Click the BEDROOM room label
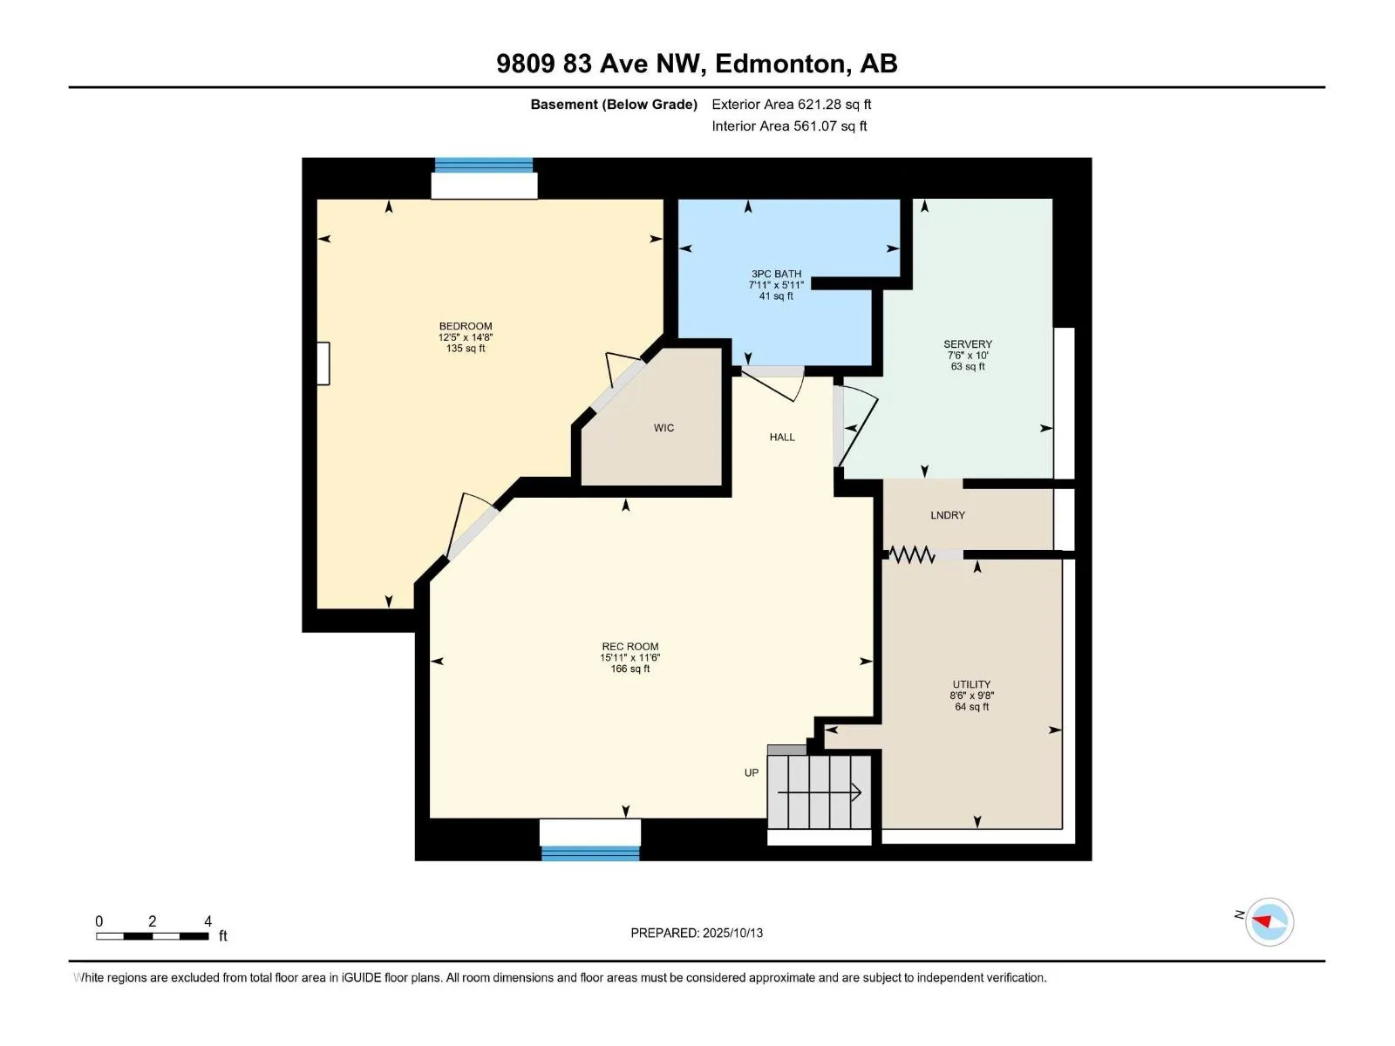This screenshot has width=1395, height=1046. [x=466, y=326]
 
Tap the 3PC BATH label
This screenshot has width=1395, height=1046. [x=776, y=274]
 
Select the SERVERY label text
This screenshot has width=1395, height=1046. [x=967, y=344]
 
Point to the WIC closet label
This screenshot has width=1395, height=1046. [x=663, y=428]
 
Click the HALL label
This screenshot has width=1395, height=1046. [x=782, y=437]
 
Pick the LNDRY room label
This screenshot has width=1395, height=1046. [x=948, y=515]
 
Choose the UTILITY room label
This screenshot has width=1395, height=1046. [x=971, y=684]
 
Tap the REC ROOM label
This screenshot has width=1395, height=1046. [x=629, y=647]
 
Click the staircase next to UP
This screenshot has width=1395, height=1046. [x=819, y=792]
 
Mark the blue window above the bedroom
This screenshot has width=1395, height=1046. [x=484, y=165]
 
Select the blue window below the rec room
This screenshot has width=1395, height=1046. [x=590, y=853]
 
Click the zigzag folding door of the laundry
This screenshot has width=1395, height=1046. [x=911, y=555]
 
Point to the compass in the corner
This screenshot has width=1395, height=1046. [x=1269, y=921]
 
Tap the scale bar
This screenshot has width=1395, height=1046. [x=152, y=936]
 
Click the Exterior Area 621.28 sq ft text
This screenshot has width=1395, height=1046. [x=792, y=104]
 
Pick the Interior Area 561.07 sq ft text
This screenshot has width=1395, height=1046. [x=789, y=126]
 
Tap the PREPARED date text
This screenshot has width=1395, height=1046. [x=697, y=933]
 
